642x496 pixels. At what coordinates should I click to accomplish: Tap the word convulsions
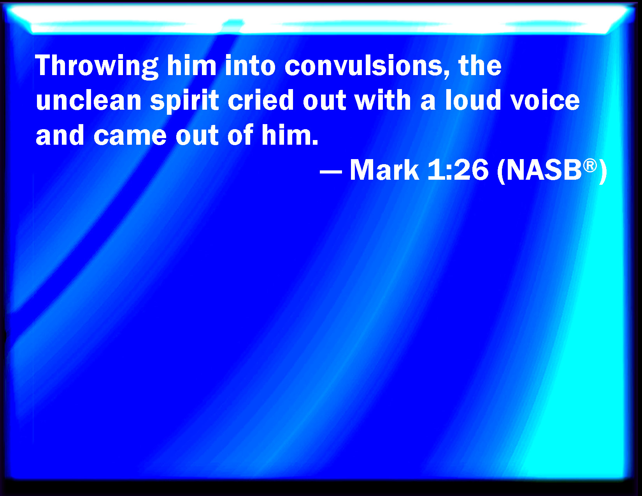(367, 66)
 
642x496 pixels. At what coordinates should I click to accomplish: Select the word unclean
(89, 100)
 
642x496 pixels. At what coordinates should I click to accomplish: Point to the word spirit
(184, 101)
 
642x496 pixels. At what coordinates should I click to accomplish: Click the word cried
(261, 100)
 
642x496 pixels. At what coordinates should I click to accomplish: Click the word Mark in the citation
(384, 170)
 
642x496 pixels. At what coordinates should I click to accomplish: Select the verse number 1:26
(458, 170)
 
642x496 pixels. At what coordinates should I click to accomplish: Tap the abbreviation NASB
(544, 170)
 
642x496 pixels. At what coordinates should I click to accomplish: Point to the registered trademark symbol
(590, 166)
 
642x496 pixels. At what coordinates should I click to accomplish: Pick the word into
(250, 66)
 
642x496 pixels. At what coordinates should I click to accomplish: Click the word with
(382, 100)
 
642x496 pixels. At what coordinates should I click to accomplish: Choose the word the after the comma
(480, 66)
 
